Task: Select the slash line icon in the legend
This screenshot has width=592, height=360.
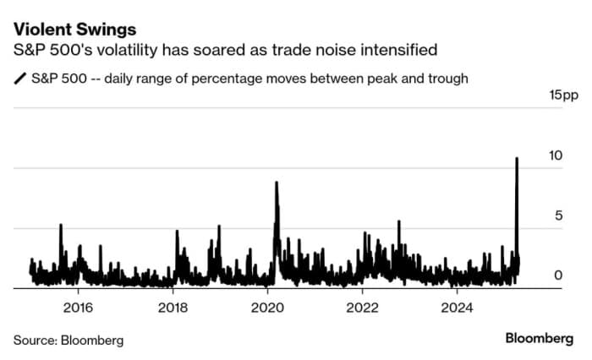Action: pyautogui.click(x=19, y=79)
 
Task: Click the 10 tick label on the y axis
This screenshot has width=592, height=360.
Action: pyautogui.click(x=556, y=155)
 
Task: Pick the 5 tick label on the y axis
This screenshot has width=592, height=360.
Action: pyautogui.click(x=559, y=215)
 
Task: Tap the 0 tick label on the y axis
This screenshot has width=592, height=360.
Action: pyautogui.click(x=559, y=275)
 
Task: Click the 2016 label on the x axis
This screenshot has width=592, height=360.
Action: pyautogui.click(x=78, y=306)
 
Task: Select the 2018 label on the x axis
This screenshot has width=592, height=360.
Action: pyautogui.click(x=173, y=306)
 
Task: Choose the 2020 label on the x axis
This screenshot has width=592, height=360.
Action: pyautogui.click(x=267, y=306)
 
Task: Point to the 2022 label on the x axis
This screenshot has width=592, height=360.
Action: pyautogui.click(x=362, y=306)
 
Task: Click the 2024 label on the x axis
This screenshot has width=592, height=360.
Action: pyautogui.click(x=457, y=306)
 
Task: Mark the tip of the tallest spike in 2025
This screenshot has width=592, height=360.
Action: pyautogui.click(x=517, y=159)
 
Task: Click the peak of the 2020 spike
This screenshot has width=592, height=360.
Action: pyautogui.click(x=276, y=183)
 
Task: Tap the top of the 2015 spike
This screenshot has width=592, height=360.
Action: pyautogui.click(x=61, y=225)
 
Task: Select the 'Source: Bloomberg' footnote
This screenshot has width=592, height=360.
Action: pyautogui.click(x=69, y=340)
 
